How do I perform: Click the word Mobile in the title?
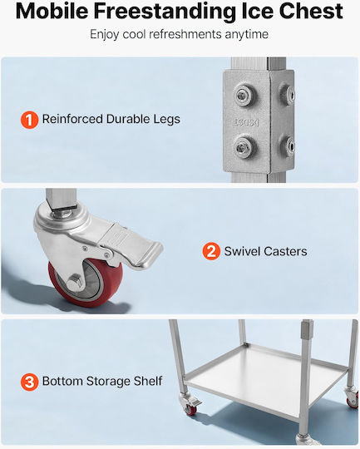click(52, 11)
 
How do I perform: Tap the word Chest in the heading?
click(311, 11)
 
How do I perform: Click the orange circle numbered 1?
click(29, 120)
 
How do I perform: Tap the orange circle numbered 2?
click(211, 251)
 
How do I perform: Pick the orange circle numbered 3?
click(29, 382)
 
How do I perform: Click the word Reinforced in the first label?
click(72, 119)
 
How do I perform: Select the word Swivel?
click(242, 251)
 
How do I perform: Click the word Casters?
click(285, 251)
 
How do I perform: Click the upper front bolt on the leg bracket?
click(244, 95)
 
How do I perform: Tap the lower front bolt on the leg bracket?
click(244, 146)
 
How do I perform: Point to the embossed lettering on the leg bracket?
click(246, 122)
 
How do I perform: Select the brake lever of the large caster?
click(135, 245)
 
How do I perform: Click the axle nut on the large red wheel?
click(75, 282)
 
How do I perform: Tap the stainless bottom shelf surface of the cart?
click(266, 379)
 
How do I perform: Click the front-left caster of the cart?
click(190, 403)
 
